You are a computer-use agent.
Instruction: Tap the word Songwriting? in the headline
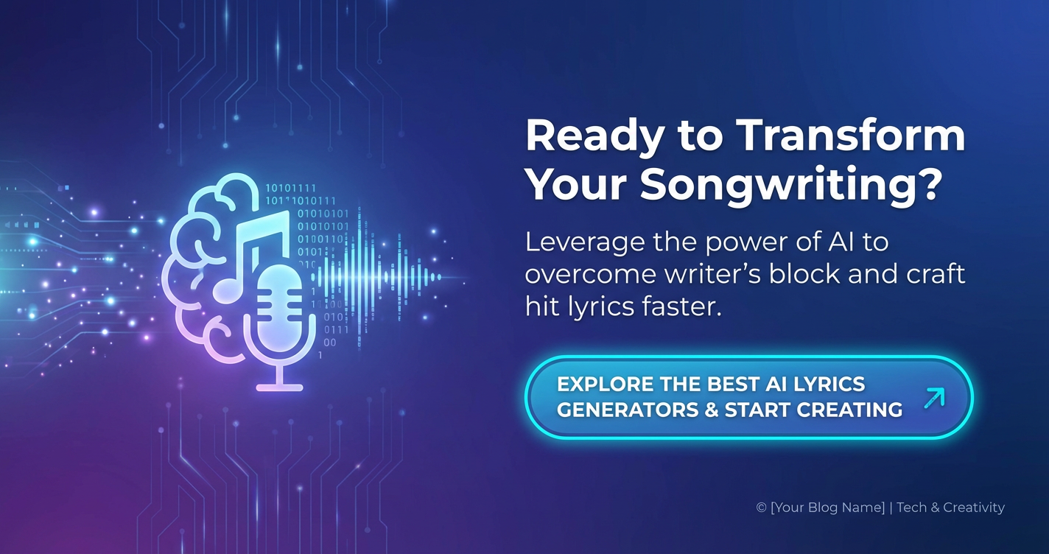coord(791,185)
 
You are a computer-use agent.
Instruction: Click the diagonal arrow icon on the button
coord(934,398)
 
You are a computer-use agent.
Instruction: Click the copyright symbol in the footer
coord(761,508)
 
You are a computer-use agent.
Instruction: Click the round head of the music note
coord(227,290)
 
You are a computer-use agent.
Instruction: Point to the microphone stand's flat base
coord(280,388)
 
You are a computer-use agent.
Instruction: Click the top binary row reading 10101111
coord(291,189)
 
